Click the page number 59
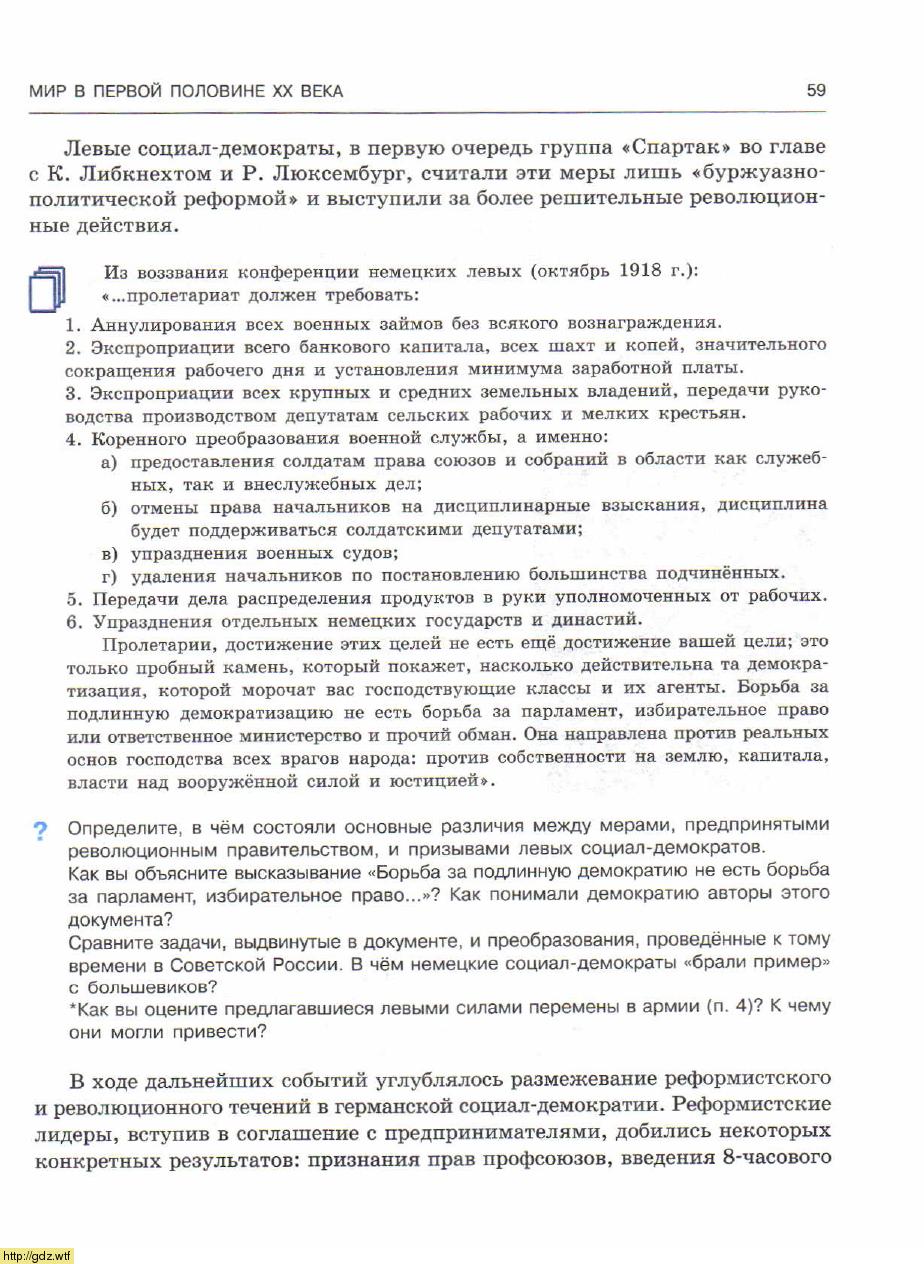(816, 91)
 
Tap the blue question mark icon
(41, 830)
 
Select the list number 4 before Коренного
(71, 439)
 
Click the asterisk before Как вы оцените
(71, 1007)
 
